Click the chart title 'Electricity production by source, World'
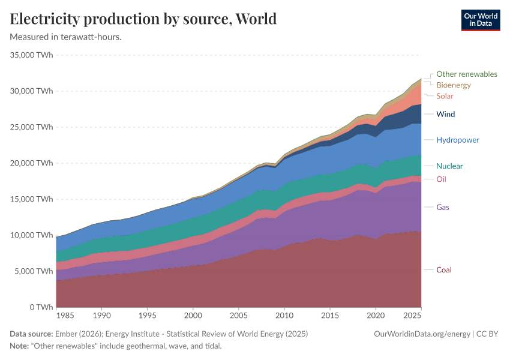pos(143,19)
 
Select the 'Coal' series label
pos(443,270)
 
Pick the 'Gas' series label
pos(443,208)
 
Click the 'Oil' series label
pos(441,179)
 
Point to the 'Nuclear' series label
pos(449,166)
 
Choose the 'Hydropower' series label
pos(457,140)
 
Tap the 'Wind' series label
pos(445,114)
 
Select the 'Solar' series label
pos(445,96)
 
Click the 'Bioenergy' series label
pos(453,85)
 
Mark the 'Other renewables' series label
pos(466,74)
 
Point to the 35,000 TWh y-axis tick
pos(32,55)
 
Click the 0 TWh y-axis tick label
pos(40,307)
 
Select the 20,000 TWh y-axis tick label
pos(32,163)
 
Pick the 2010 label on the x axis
pos(284,315)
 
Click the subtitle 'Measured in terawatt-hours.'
pos(66,37)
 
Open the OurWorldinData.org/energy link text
pos(421,334)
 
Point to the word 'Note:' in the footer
pos(20,346)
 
